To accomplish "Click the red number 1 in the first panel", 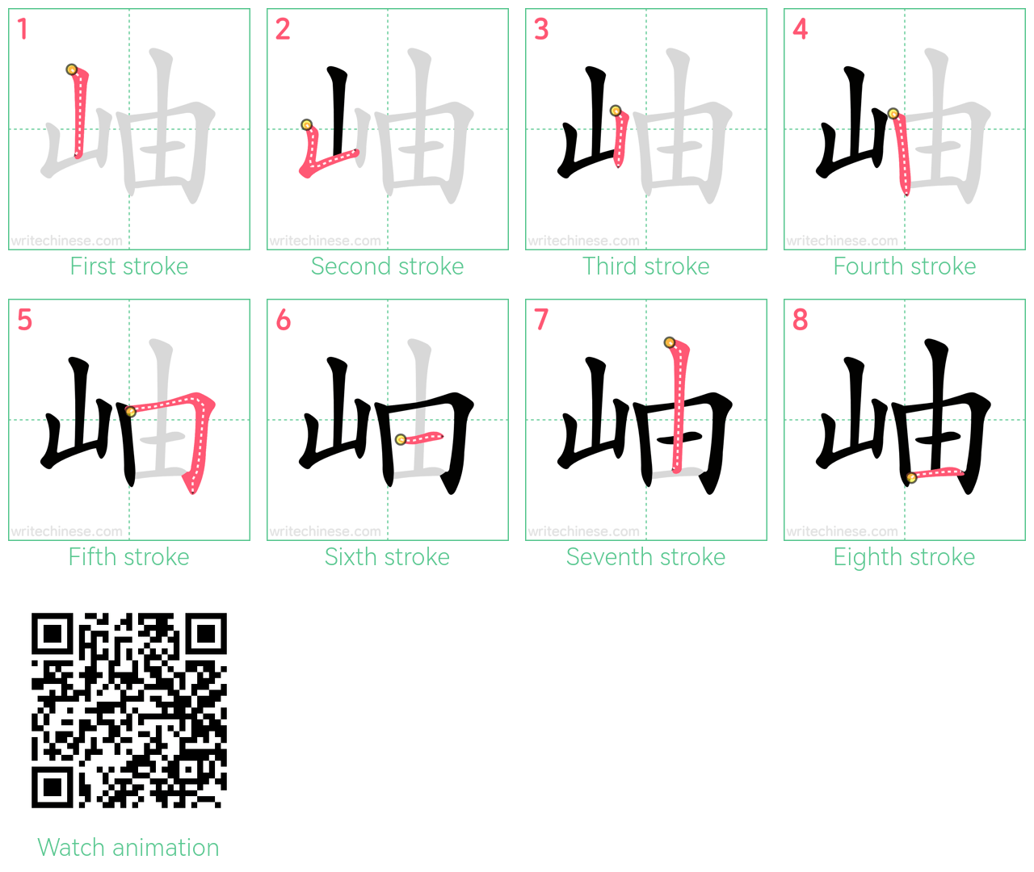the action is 22,29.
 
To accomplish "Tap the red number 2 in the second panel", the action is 282,29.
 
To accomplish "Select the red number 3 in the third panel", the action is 541,29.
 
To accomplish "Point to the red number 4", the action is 801,29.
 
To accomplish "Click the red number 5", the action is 25,320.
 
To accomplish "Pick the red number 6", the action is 284,320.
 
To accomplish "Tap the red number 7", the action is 541,320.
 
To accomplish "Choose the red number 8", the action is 801,320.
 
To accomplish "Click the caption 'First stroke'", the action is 129,266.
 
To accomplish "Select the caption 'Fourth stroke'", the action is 904,266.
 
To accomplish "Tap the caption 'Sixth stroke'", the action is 387,557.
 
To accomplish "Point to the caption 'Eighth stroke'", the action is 904,557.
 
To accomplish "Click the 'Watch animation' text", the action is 128,848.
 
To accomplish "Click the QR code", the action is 129,711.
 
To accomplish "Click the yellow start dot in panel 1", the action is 71,69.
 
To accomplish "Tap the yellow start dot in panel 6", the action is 401,439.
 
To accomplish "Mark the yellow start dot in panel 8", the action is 912,477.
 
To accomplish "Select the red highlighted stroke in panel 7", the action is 679,406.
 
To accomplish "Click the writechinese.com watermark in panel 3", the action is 583,241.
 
